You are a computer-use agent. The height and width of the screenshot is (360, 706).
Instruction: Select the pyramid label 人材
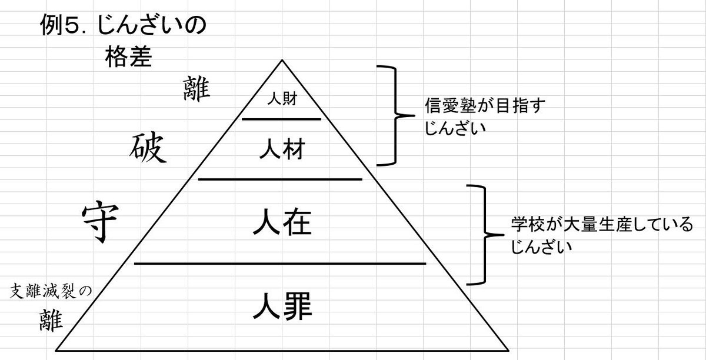point(282,151)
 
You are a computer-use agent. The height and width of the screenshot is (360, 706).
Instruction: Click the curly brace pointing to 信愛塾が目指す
point(391,115)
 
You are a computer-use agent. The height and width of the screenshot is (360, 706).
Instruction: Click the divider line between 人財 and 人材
point(282,119)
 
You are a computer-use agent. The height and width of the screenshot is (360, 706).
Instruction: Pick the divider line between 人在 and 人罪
point(280,264)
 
